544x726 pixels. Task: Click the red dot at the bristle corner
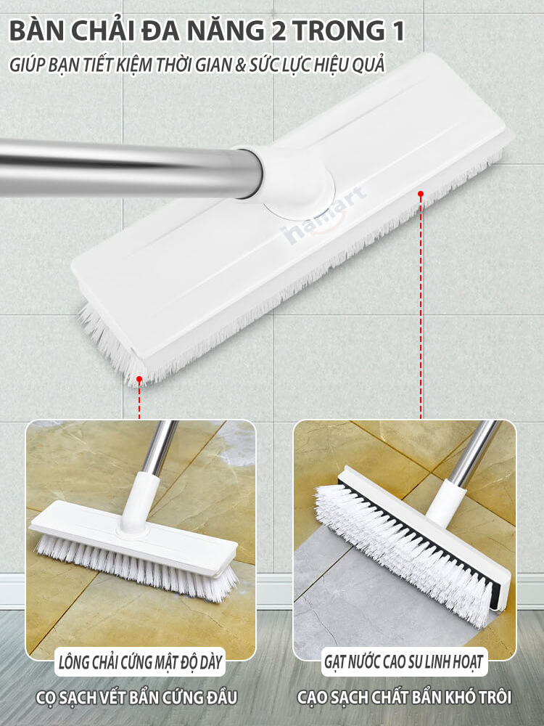coord(139,379)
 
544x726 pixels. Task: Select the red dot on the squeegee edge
coord(421,194)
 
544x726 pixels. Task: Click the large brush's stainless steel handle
coord(130,168)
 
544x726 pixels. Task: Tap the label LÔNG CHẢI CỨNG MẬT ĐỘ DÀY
coord(141,662)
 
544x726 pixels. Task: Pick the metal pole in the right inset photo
coord(473,453)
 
